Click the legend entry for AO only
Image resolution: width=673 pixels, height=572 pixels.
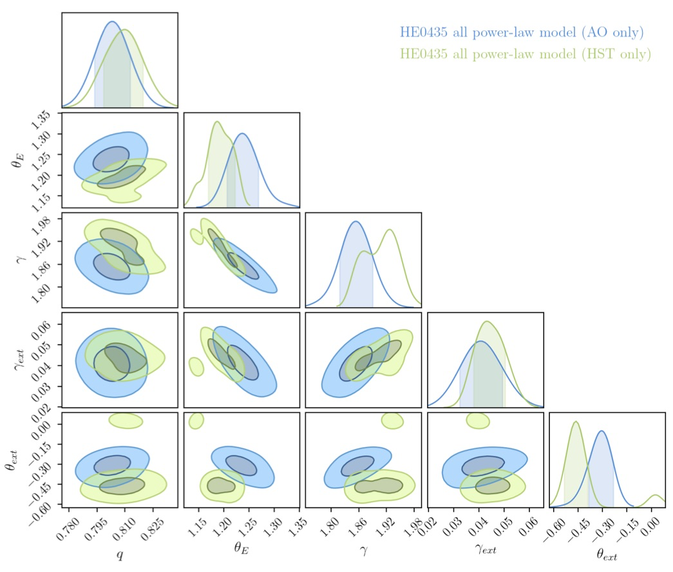[x=522, y=32]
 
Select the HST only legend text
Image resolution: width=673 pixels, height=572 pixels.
[x=526, y=53]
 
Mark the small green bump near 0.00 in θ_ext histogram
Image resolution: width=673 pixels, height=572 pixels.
[x=655, y=498]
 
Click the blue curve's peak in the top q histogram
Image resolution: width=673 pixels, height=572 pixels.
[x=111, y=22]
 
